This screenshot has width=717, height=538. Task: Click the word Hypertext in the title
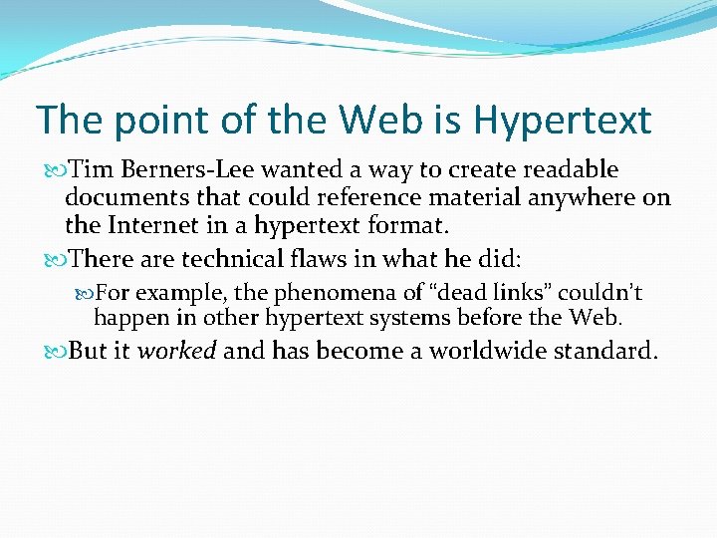[563, 122]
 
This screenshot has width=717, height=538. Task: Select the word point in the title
[153, 122]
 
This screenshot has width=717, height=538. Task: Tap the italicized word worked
[178, 351]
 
